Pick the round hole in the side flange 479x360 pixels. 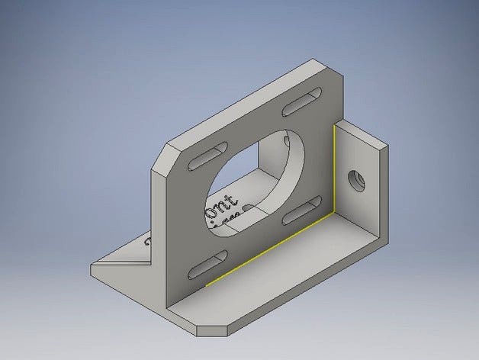click(x=355, y=181)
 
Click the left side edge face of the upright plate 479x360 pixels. click(x=159, y=221)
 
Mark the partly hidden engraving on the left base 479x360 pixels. click(x=149, y=244)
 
